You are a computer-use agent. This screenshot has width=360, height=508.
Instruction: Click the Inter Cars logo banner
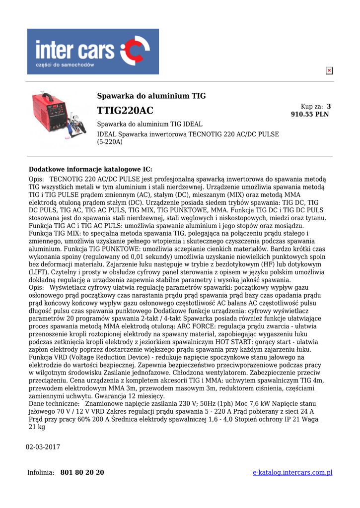pyautogui.click(x=93, y=52)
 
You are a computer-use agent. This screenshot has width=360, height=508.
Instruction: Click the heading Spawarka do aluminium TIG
pyautogui.click(x=151, y=96)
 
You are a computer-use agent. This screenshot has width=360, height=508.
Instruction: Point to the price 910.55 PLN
pyautogui.click(x=309, y=115)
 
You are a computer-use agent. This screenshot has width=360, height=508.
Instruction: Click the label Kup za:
pyautogui.click(x=312, y=107)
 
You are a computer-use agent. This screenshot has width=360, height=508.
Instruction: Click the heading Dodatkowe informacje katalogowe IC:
pyautogui.click(x=90, y=169)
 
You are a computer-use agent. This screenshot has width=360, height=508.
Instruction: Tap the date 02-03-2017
pyautogui.click(x=43, y=447)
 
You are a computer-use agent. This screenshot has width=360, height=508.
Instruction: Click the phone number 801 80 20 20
pyautogui.click(x=82, y=472)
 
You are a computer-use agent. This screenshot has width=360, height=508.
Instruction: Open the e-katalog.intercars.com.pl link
pyautogui.click(x=292, y=472)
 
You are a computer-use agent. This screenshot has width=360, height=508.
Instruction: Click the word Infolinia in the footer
pyautogui.click(x=40, y=472)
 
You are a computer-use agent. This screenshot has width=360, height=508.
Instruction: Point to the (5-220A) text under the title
pyautogui.click(x=110, y=142)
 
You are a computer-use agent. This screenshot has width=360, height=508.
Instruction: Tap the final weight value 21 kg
pyautogui.click(x=37, y=427)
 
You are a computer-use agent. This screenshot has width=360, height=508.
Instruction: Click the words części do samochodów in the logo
pyautogui.click(x=65, y=64)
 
